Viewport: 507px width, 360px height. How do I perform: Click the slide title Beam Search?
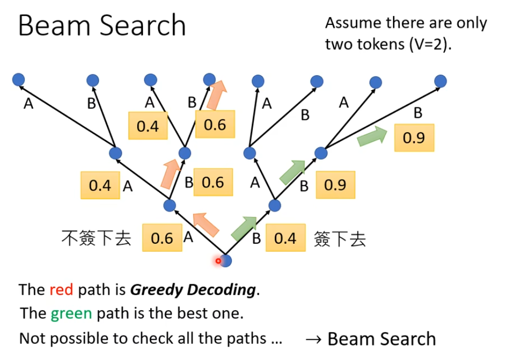[x=102, y=25]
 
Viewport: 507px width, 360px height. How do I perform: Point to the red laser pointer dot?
[x=219, y=261]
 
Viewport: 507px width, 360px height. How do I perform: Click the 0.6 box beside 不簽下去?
[x=162, y=238]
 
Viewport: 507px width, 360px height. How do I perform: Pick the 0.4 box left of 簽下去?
[x=285, y=238]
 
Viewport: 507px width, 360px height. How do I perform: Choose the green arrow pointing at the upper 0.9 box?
[x=372, y=136]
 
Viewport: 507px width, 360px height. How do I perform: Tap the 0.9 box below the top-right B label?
[x=414, y=137]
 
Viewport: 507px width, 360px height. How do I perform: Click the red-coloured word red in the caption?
[x=61, y=289]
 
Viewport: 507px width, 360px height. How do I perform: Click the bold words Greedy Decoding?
[x=193, y=289]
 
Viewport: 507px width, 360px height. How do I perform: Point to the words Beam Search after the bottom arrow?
[x=382, y=339]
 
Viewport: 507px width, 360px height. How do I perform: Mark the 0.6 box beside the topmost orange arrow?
[x=215, y=124]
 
